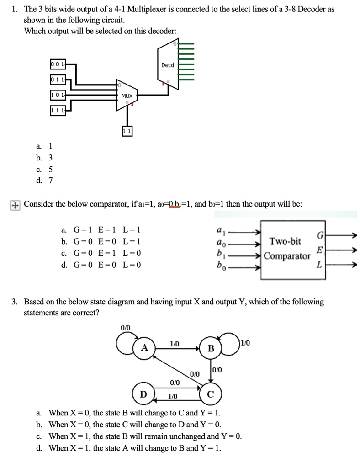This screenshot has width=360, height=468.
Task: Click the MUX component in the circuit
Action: pos(127,96)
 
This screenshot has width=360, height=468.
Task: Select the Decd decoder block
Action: pos(168,65)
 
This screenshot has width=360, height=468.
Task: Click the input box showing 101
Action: pos(58,95)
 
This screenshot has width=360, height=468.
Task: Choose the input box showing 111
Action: pos(58,111)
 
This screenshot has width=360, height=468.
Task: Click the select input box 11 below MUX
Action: pos(127,131)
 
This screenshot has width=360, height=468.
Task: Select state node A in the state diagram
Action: pos(144,348)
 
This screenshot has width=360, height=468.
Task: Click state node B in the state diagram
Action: pos(210,349)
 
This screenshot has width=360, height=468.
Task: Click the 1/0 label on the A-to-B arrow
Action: pos(175,343)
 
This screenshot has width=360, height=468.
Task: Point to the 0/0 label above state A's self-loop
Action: pos(125,327)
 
